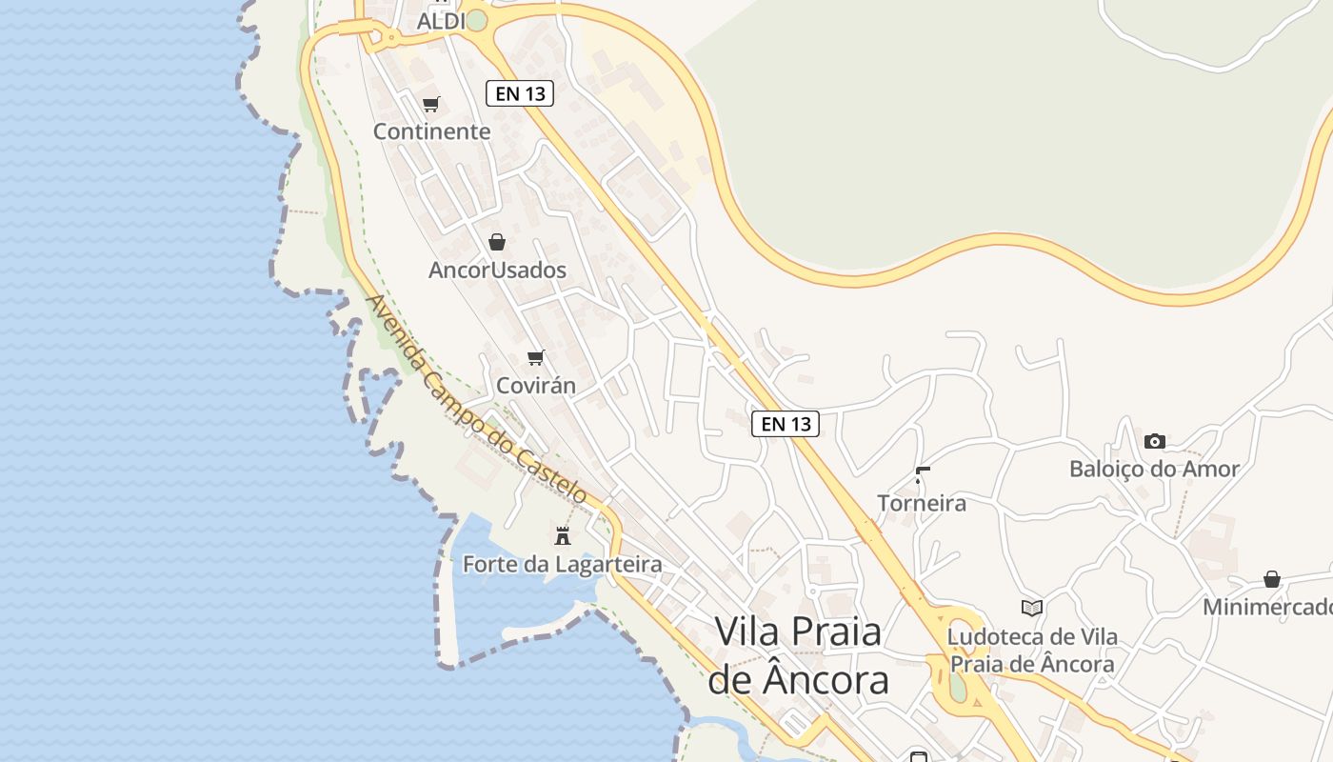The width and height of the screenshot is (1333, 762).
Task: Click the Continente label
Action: (x=431, y=131)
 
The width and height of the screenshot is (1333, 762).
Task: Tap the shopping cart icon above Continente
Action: (x=431, y=104)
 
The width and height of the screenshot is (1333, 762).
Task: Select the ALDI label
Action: (x=441, y=21)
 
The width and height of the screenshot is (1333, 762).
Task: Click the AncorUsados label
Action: (x=497, y=270)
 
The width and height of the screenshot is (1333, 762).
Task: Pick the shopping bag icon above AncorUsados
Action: (x=496, y=242)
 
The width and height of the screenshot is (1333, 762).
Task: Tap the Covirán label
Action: (x=536, y=386)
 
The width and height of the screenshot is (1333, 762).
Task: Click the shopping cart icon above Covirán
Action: (x=536, y=358)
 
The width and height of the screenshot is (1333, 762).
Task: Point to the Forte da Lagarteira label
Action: (x=562, y=564)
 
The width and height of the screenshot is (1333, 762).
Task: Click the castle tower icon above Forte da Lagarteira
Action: (x=563, y=536)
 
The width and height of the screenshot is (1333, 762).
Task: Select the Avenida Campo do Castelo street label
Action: (x=476, y=400)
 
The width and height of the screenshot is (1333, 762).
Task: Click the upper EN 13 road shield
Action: (x=519, y=93)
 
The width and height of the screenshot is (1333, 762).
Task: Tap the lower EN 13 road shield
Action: (x=786, y=424)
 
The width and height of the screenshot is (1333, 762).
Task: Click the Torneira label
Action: (x=921, y=503)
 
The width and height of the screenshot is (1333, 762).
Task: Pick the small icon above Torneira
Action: (x=921, y=473)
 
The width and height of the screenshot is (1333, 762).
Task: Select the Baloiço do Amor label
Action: (x=1154, y=469)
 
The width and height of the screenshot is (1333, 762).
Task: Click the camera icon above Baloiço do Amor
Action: (x=1154, y=441)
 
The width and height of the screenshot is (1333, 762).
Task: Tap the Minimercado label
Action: (x=1267, y=607)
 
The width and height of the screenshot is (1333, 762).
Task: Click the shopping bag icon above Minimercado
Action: (x=1271, y=579)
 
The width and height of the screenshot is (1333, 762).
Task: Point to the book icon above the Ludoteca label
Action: (x=1031, y=608)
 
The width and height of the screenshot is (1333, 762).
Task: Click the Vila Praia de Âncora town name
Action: (x=798, y=655)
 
